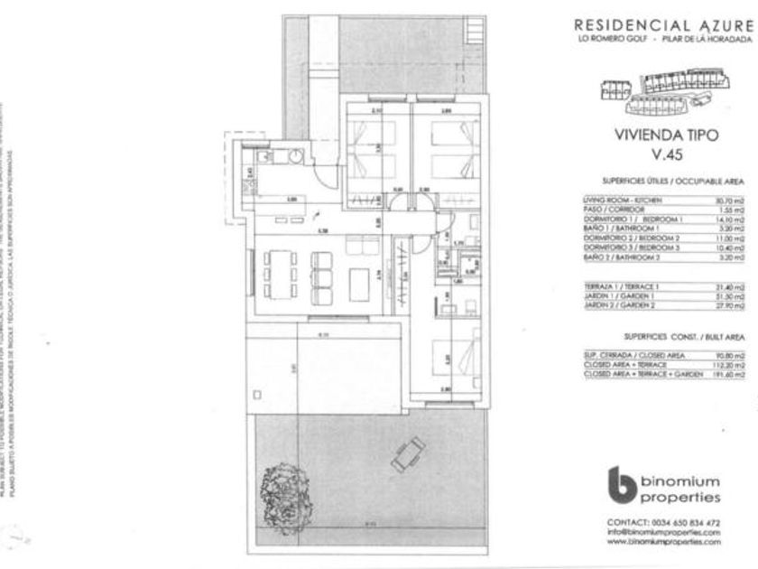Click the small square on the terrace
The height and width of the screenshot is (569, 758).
258,394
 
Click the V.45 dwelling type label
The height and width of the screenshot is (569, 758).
652,154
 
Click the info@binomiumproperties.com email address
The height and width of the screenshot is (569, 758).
663,532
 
